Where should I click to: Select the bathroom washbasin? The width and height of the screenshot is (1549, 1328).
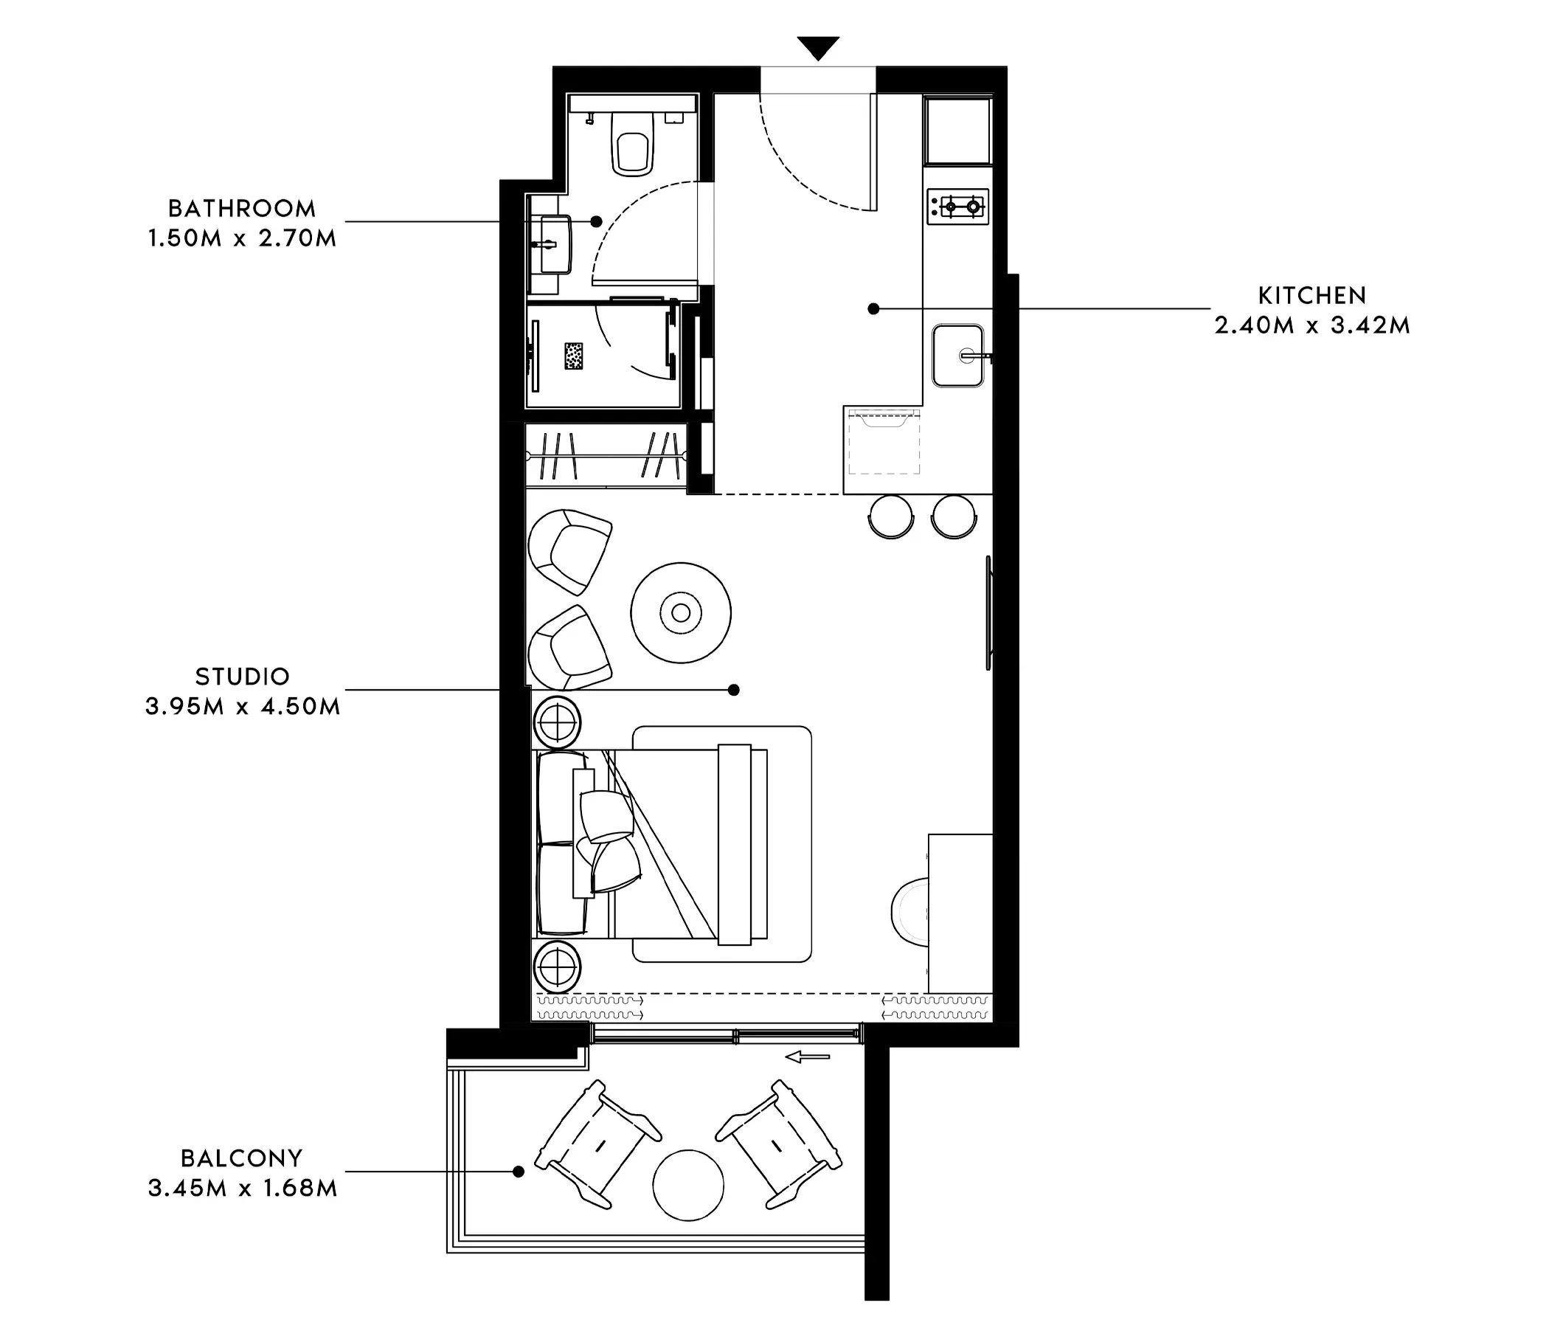pos(552,243)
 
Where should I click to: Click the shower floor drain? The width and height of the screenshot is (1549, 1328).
pos(573,356)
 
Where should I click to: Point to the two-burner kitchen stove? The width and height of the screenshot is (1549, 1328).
pos(957,207)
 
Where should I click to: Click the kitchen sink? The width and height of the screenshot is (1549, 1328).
pos(958,355)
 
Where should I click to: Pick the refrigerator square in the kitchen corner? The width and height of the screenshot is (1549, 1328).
pos(958,131)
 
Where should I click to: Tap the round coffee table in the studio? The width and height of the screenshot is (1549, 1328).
pos(680,612)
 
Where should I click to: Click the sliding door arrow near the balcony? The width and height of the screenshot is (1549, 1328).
pos(808,1056)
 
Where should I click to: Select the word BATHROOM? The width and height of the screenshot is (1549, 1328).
pos(241,208)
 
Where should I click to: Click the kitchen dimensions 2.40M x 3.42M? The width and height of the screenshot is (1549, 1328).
pos(1312,325)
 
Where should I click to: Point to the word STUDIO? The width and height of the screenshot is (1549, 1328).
pos(242,677)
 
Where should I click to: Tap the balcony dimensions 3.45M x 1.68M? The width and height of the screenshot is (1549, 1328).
pos(242,1188)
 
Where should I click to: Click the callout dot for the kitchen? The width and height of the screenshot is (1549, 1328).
pos(873,308)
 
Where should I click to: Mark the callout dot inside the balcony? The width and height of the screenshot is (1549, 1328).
pos(518,1172)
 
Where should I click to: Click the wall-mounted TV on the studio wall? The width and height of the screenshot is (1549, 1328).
pos(988,612)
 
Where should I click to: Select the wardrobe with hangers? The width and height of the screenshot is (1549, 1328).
pos(606,455)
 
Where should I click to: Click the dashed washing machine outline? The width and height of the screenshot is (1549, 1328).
pos(884,441)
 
